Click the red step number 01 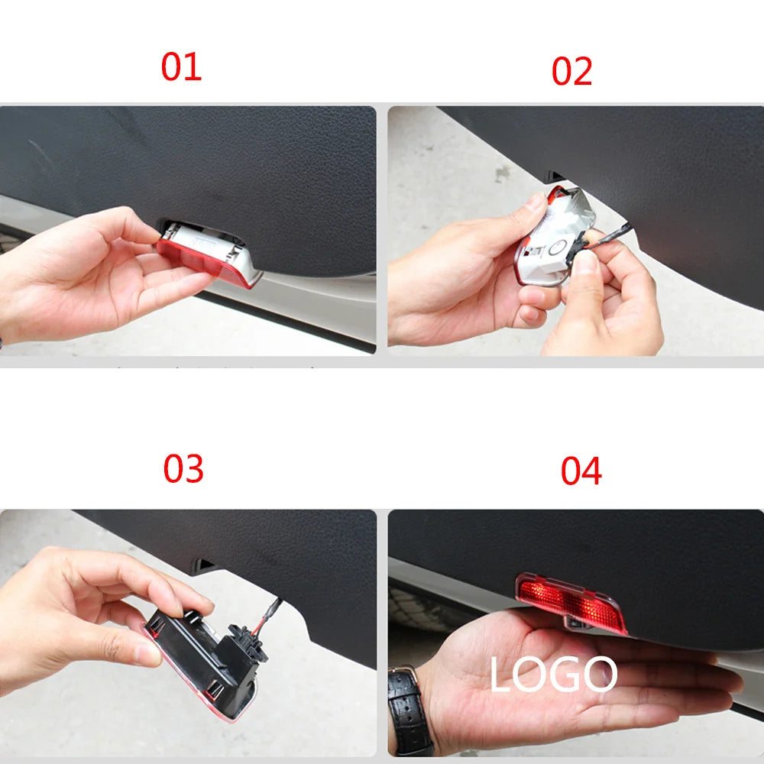pyautogui.click(x=181, y=67)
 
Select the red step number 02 pyautogui.click(x=571, y=71)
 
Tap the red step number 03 pyautogui.click(x=183, y=468)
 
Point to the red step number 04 pyautogui.click(x=581, y=471)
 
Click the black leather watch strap pyautogui.click(x=410, y=711)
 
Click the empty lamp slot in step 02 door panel pyautogui.click(x=557, y=177)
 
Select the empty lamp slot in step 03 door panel pyautogui.click(x=205, y=566)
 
